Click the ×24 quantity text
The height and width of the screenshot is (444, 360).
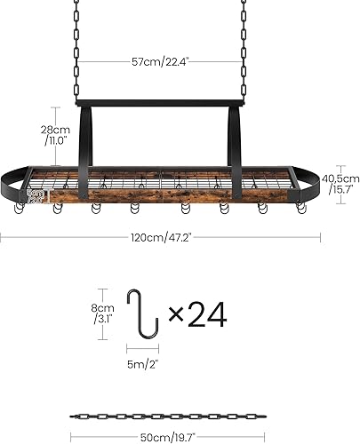pyautogui.click(x=197, y=313)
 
